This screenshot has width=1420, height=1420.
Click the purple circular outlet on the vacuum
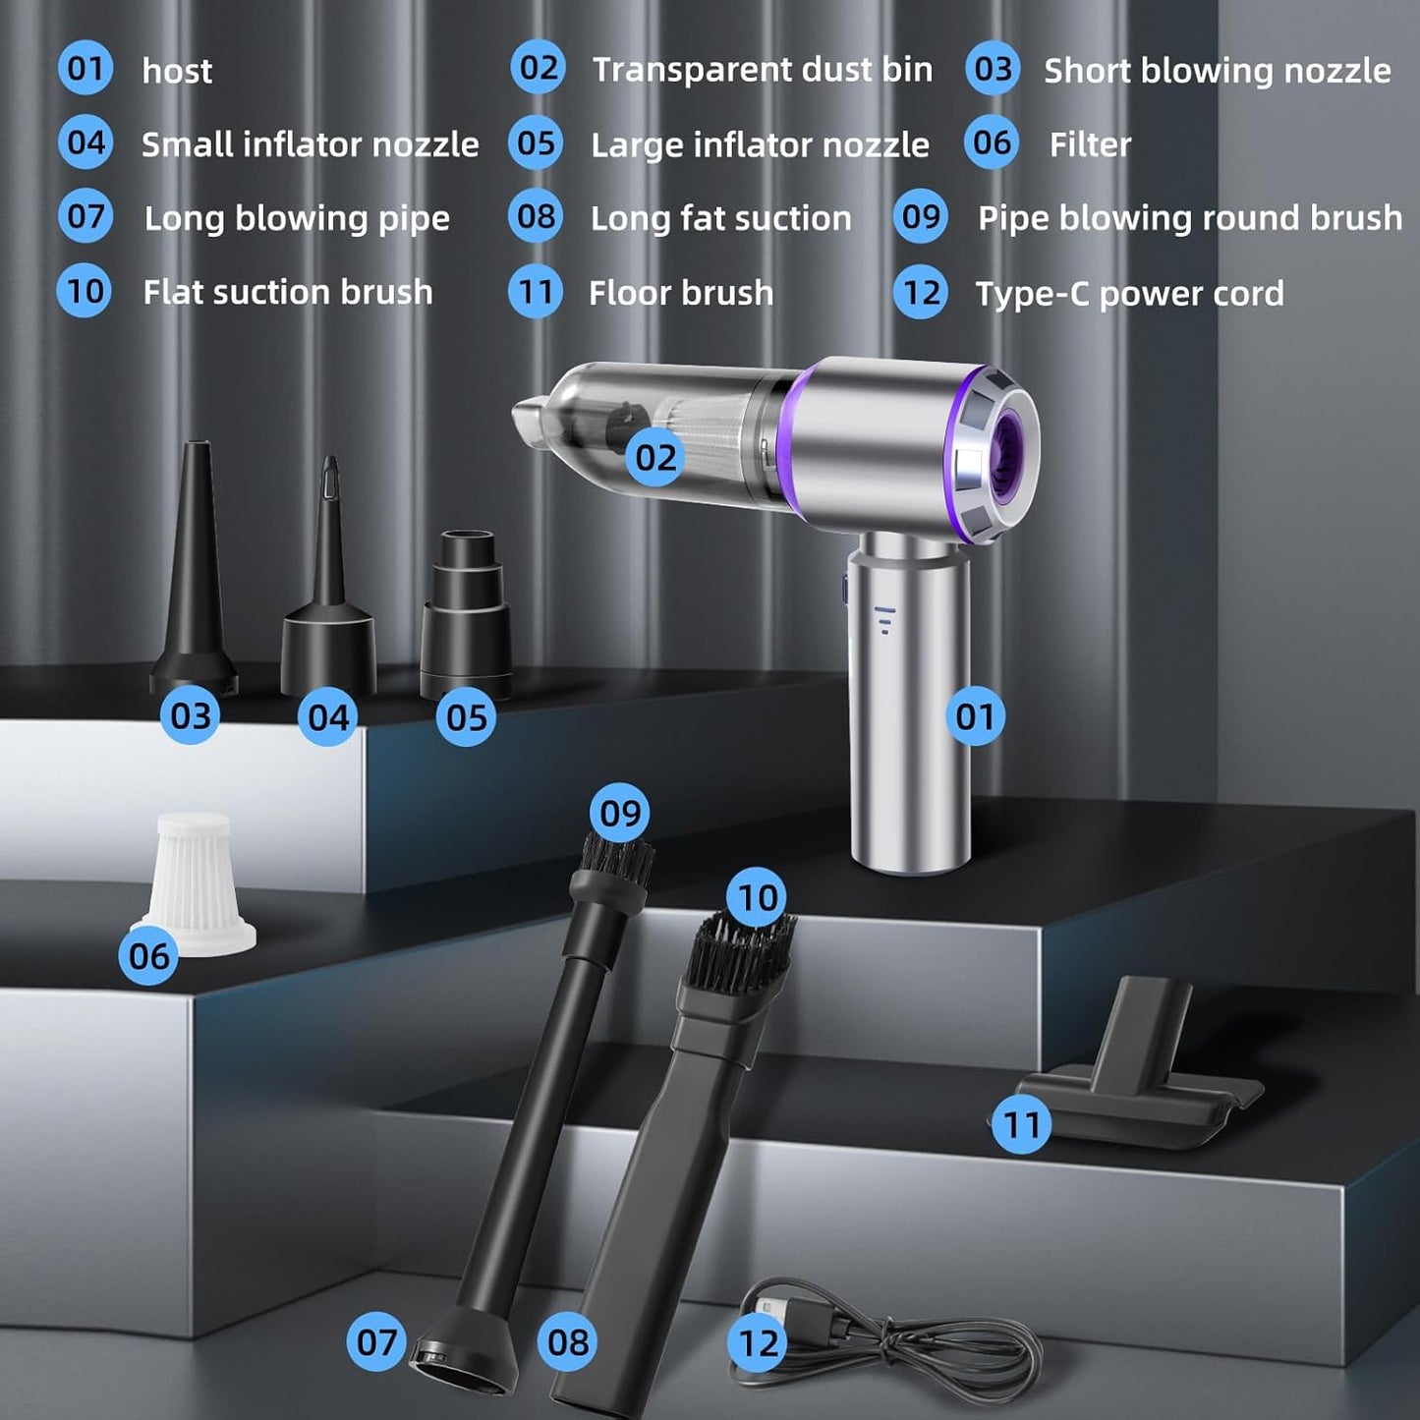(998, 449)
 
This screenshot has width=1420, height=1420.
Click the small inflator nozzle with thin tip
(328, 582)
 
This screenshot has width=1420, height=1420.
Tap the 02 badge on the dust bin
(655, 458)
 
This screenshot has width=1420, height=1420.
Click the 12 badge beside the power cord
(758, 1342)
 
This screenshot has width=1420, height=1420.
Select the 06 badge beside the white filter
(148, 956)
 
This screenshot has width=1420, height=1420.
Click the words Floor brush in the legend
(681, 293)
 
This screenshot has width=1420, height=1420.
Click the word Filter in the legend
(1090, 144)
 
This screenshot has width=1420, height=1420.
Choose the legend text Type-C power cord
(1130, 294)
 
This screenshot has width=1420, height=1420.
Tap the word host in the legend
(177, 72)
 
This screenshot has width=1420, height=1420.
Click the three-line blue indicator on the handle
(883, 620)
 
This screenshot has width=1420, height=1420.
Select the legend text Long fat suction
(720, 219)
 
